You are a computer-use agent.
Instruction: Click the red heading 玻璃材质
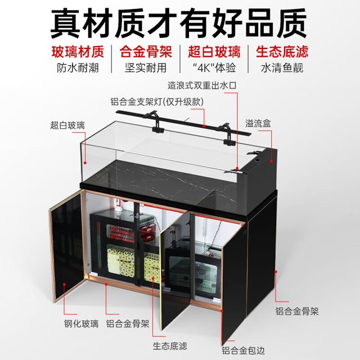coord(78,52)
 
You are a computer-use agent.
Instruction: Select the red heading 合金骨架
coord(146,52)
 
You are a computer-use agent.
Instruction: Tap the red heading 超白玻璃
coord(214,52)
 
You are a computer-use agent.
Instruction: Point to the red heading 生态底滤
coord(282,52)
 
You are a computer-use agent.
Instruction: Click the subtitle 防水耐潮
coord(78,68)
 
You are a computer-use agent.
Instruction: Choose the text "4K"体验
coord(214,68)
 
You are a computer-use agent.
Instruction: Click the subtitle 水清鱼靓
coord(282,68)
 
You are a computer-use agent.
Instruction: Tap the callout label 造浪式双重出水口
coord(202,85)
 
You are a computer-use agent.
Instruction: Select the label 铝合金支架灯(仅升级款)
coord(157,102)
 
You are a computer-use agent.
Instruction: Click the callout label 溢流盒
coord(258,124)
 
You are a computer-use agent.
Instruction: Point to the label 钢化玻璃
coord(81,324)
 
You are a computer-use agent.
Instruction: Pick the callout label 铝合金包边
coord(243,350)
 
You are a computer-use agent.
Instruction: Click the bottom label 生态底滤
coord(170,346)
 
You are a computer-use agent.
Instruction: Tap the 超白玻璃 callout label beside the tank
coord(67,125)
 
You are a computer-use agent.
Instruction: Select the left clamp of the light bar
coord(157,123)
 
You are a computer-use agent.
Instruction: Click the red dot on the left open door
coord(65,283)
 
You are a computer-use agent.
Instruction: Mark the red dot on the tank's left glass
coord(85,163)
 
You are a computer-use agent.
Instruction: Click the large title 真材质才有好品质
coord(179,23)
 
